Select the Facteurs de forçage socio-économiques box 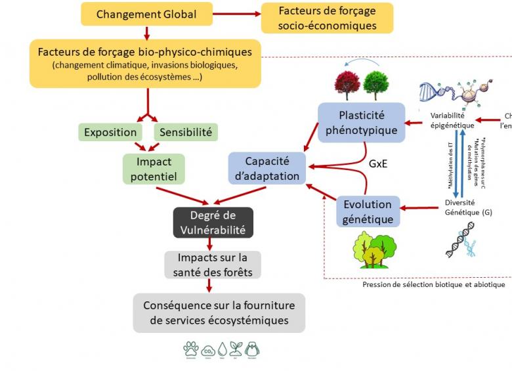327,18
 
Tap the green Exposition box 110,132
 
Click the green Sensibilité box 186,132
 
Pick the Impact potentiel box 154,169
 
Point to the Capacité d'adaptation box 268,169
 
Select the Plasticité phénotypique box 362,121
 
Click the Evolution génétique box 368,211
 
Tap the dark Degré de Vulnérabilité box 213,223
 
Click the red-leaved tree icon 346,85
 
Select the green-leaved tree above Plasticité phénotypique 376,85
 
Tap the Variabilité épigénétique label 452,119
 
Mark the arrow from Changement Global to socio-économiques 237,13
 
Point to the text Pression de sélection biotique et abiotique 433,285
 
